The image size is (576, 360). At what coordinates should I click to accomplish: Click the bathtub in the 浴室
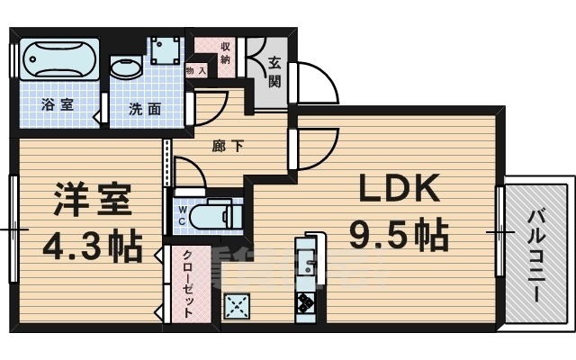(x=58, y=61)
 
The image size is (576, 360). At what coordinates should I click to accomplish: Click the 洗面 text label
(x=144, y=109)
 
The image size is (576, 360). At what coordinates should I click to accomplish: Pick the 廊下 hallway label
(x=226, y=145)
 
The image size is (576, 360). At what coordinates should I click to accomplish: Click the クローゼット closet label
(x=188, y=283)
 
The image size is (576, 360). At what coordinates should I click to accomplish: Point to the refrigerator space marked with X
(x=238, y=307)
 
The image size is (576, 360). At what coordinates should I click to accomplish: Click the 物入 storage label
(x=196, y=69)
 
